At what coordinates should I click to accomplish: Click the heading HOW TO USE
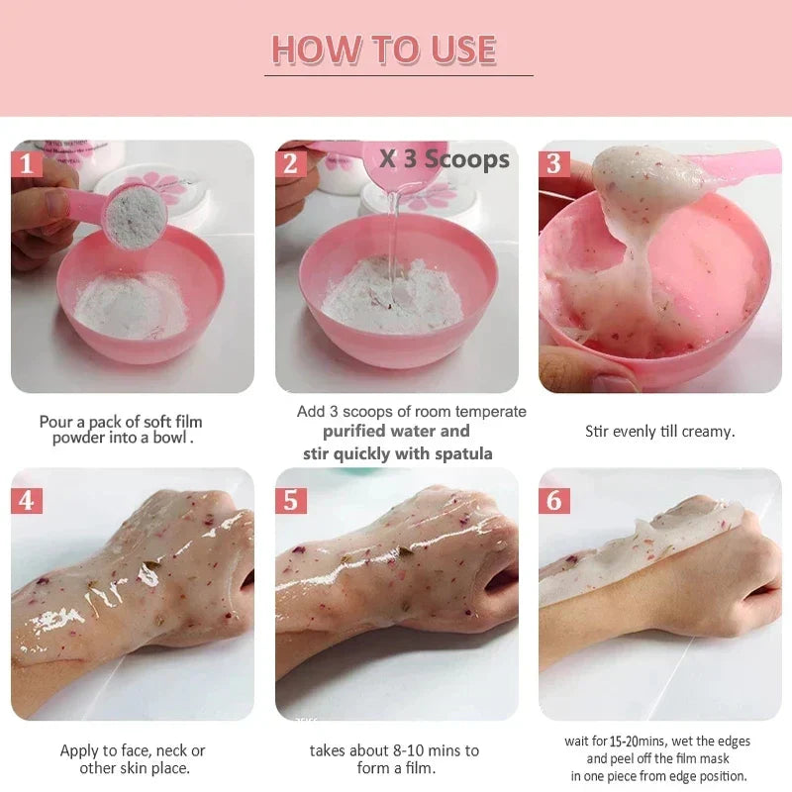tap(384, 49)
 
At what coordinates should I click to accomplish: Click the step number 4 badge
tap(26, 500)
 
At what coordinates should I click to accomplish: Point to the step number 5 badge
tap(290, 500)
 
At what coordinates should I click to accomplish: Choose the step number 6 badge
tap(554, 500)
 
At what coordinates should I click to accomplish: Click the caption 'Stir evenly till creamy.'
tap(660, 432)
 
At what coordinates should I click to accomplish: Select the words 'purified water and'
tap(396, 432)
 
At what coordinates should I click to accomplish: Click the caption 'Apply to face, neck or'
tap(133, 750)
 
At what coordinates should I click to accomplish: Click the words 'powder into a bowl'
tap(121, 438)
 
